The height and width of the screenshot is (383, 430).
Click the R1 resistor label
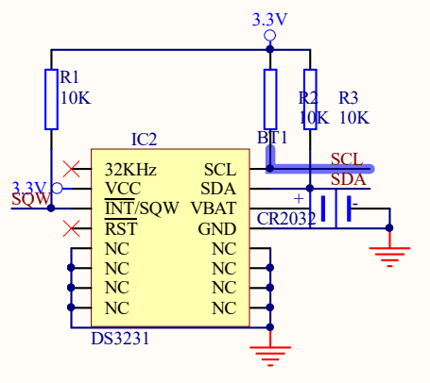[69, 77]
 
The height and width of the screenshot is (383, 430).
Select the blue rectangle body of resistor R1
[51, 99]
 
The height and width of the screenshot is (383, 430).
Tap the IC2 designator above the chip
[144, 140]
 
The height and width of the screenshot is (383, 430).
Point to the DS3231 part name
[120, 339]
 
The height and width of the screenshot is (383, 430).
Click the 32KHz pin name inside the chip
[130, 170]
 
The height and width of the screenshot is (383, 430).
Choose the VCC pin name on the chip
[123, 189]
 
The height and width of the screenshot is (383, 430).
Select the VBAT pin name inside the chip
[214, 208]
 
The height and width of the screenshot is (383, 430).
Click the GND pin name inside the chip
[217, 229]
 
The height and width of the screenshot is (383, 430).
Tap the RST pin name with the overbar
[121, 227]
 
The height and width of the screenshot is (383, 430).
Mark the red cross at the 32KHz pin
[72, 169]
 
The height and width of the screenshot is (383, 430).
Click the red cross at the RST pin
[72, 228]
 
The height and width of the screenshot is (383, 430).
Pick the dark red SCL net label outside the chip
[347, 159]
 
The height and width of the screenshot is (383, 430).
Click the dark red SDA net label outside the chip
[349, 179]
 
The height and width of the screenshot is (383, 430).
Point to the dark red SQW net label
[31, 199]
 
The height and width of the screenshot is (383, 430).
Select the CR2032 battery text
[286, 219]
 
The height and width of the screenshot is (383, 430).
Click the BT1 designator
[272, 138]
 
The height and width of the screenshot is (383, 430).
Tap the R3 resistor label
[349, 98]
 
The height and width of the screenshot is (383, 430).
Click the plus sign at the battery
[299, 199]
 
